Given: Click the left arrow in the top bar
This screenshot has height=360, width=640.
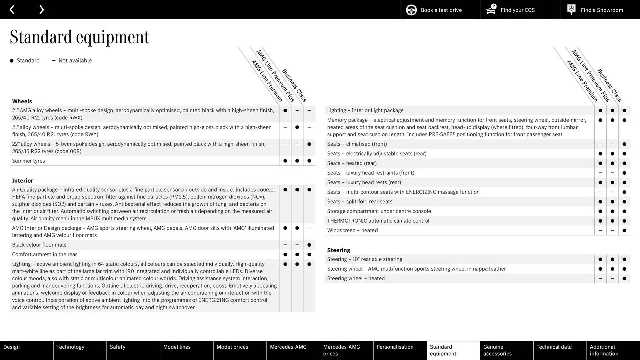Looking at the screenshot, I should [12, 10].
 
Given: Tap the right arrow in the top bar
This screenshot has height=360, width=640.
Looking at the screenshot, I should [41, 10].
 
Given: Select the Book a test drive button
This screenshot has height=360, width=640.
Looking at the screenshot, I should [440, 10].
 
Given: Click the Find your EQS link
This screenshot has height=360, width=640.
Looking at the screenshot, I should [519, 10].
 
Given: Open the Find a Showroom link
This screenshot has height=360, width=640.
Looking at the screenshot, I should [600, 10].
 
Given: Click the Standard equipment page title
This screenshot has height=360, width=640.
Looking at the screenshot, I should [79, 37].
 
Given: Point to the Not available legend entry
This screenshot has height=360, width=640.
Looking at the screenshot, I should [72, 61].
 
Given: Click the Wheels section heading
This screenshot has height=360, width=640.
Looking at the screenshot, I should [22, 101].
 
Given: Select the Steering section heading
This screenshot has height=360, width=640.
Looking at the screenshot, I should [338, 250].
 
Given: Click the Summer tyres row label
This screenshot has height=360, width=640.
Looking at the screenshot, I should [28, 161].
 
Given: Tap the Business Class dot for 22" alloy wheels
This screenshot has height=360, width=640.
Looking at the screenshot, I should [309, 144].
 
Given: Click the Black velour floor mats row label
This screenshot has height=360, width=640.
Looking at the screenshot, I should [39, 245].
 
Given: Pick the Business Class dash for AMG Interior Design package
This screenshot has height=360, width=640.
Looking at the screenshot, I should [309, 228].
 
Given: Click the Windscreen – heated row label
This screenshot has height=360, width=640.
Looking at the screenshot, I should [352, 230].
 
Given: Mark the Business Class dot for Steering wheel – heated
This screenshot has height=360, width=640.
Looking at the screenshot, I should [624, 279].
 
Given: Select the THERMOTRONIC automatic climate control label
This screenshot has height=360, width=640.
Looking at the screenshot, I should [378, 221].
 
